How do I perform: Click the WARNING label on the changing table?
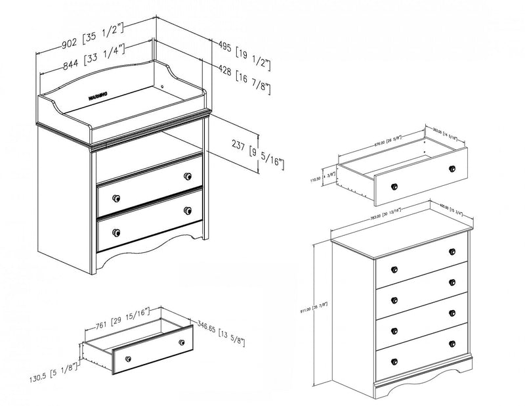tap(100, 96)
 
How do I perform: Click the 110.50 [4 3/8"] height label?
tap(328, 179)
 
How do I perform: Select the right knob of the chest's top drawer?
tap(452, 252)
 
